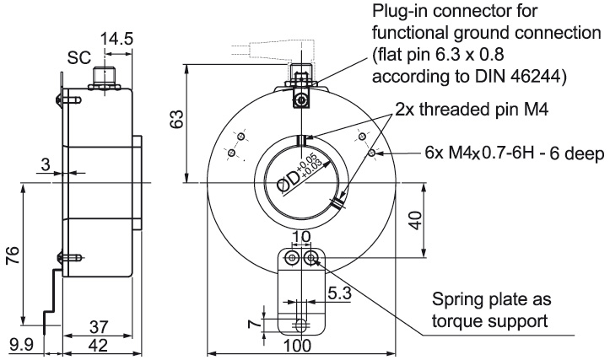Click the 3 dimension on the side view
click(45, 166)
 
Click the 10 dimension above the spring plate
click(301, 237)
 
